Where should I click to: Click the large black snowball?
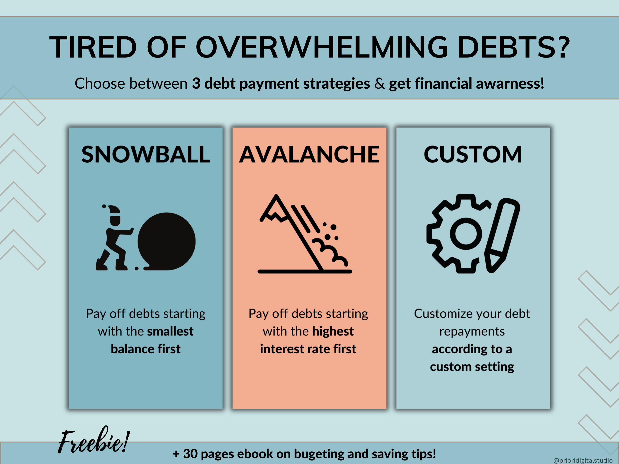click(166, 241)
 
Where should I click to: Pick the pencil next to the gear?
click(502, 235)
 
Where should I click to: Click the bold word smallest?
click(170, 332)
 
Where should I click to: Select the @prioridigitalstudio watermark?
click(583, 460)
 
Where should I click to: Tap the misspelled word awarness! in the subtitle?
click(510, 84)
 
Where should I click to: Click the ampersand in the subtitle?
click(379, 84)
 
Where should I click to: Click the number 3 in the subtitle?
click(196, 84)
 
